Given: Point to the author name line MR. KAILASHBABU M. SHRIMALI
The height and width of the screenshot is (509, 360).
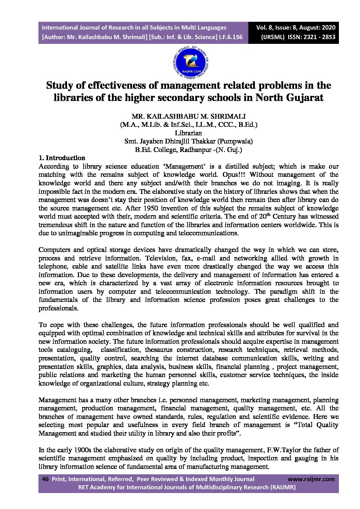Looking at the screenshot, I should (x=189, y=116).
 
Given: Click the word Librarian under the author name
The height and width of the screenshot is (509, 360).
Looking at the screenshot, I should (x=188, y=133).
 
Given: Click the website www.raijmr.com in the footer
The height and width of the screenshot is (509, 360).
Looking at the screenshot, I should (x=311, y=479).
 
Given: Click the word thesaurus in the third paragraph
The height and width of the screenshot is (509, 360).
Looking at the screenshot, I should (x=159, y=350).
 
